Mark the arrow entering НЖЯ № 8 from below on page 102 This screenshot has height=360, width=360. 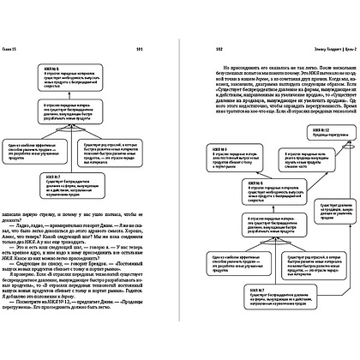point(261,206)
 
